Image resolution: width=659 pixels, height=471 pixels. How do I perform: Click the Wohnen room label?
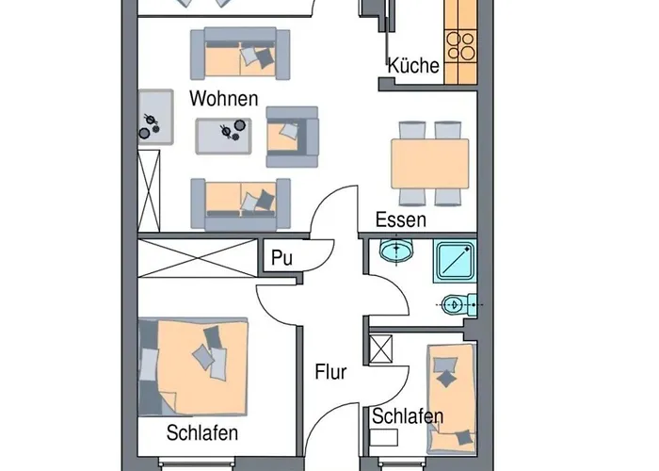224,98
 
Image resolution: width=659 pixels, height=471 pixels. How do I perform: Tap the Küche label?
413,66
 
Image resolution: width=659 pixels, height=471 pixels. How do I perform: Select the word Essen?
400,219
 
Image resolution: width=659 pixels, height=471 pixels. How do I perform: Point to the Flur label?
330,372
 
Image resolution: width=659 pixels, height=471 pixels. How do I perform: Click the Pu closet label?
281,258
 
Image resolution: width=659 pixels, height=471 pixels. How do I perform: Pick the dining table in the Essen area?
429,164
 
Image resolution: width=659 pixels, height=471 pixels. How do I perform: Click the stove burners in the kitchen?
460,46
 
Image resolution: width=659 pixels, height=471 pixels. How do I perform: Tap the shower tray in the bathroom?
455,261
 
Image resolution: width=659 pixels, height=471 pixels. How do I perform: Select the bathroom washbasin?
396,251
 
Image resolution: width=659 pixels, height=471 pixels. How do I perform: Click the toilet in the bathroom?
459,305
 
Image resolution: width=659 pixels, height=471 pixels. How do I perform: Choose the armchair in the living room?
292,137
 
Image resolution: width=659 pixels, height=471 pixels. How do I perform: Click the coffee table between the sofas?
224,136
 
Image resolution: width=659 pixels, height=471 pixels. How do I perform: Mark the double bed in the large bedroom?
193,366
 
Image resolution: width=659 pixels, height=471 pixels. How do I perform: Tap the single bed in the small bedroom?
452,398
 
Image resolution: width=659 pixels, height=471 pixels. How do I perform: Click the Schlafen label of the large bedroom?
202,432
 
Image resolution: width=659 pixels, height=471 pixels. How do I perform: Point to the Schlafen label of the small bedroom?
408,416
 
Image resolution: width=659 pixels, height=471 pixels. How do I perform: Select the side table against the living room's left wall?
155,117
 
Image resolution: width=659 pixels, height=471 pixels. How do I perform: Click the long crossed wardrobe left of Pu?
198,258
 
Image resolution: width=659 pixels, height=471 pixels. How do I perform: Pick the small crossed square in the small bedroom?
380,349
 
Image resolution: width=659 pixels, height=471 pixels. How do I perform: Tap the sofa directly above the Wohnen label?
240,54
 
